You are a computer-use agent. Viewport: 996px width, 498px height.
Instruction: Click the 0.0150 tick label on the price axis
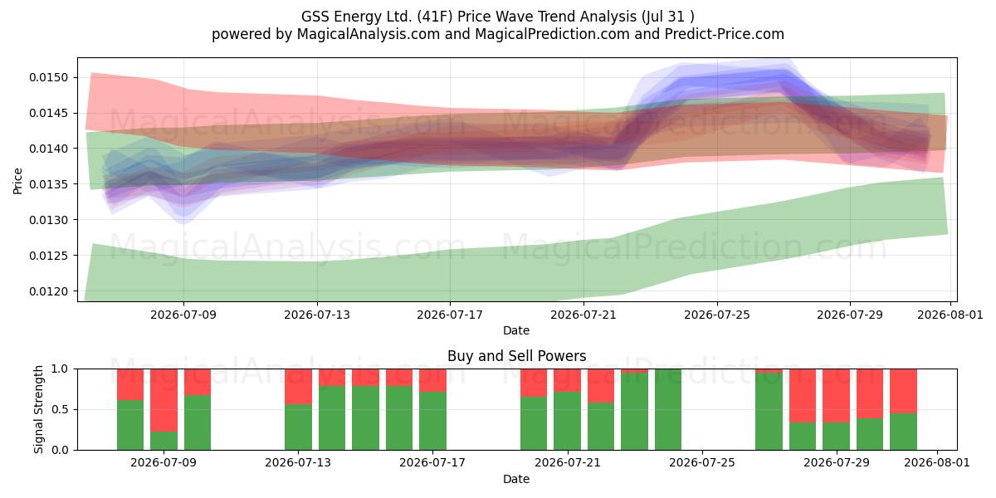pos(48,77)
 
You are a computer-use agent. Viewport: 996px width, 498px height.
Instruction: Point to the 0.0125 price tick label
pos(48,256)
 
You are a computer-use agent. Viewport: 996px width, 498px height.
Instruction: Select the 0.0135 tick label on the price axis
pos(48,184)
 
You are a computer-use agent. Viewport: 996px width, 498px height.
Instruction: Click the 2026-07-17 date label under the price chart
pos(450,315)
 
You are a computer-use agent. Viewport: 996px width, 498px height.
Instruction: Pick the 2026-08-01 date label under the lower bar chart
pos(937,462)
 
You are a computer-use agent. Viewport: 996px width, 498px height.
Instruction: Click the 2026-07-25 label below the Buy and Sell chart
pos(701,462)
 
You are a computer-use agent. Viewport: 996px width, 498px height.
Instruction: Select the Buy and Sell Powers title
pos(516,356)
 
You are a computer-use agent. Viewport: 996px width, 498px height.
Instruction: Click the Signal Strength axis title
pos(39,409)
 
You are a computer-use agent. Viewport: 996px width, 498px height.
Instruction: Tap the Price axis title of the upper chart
pos(17,181)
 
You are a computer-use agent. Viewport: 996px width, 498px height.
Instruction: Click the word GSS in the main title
pos(315,17)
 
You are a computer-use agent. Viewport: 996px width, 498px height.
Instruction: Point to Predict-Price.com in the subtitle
pos(725,34)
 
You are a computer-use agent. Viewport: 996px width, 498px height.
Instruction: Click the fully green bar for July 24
pos(668,409)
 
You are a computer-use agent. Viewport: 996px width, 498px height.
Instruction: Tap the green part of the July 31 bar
pos(903,432)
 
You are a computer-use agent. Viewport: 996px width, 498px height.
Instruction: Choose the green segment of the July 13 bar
pos(298,427)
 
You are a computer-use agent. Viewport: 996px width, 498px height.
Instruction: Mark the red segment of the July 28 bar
pos(803,396)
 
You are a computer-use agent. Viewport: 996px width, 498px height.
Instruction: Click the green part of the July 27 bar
pos(769,412)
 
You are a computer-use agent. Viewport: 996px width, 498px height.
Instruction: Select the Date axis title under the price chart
pos(516,330)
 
